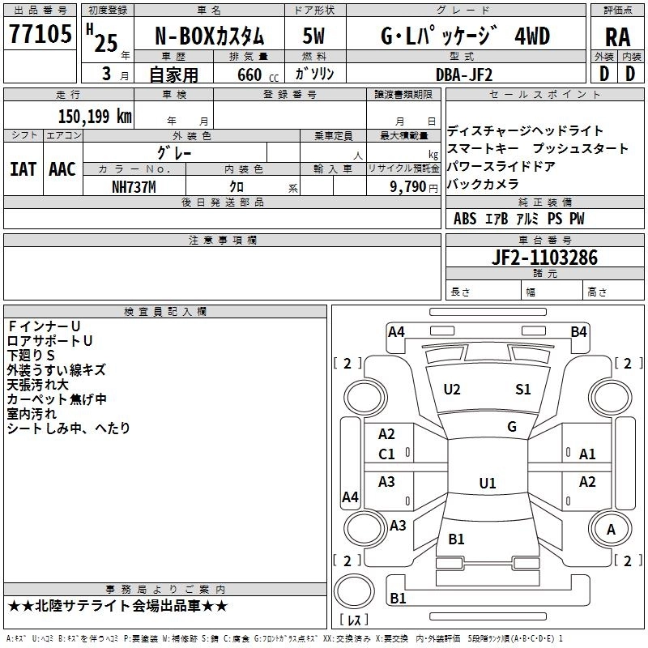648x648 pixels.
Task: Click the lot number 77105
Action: pos(40,36)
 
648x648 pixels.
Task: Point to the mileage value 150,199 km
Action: pos(95,117)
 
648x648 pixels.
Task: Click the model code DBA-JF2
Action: pos(463,74)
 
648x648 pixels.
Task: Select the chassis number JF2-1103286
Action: pos(545,258)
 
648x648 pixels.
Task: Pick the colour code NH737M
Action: pos(133,186)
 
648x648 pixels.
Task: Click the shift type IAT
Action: pos(23,169)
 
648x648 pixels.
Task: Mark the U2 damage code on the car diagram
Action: pos(452,390)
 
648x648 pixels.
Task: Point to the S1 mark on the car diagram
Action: pos(523,390)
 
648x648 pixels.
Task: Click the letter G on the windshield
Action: pos(512,427)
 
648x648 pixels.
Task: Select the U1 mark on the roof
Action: pos(487,484)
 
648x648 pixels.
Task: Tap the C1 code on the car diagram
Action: pos(387,454)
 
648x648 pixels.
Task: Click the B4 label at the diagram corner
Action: pos(578,331)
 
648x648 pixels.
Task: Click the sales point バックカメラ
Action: pos(482,184)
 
